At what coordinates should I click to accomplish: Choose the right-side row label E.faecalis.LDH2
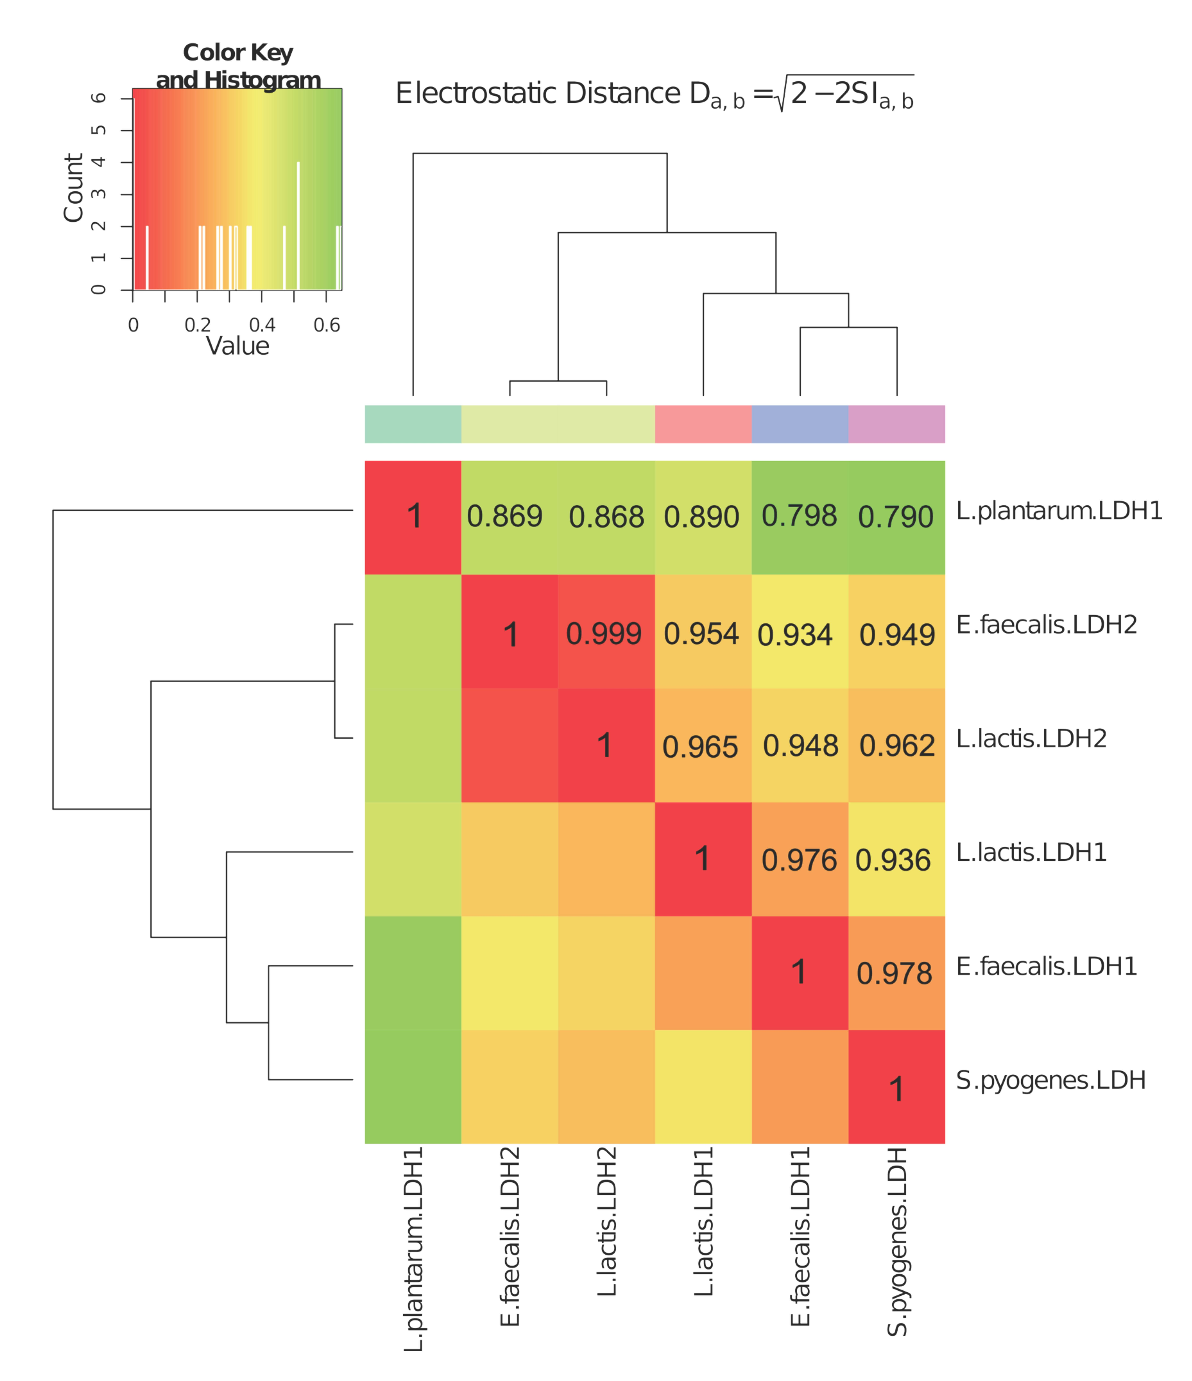click(x=1046, y=625)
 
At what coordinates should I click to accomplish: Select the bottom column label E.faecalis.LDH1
click(x=800, y=1236)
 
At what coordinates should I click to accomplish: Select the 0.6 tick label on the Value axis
click(x=327, y=325)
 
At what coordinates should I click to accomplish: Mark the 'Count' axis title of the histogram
click(x=73, y=188)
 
